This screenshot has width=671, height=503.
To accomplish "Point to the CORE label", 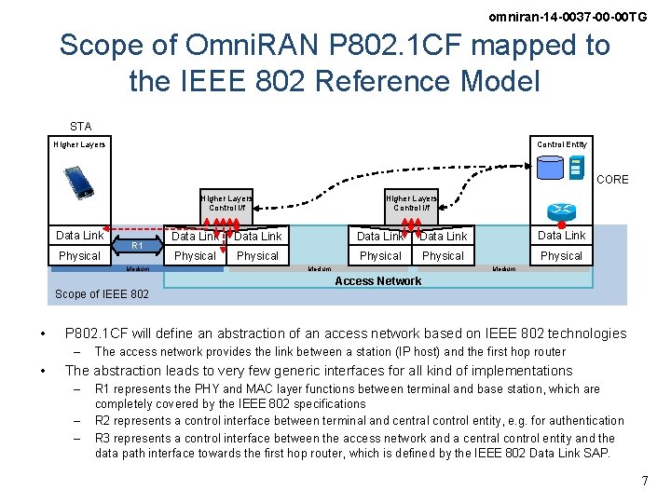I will [x=612, y=179].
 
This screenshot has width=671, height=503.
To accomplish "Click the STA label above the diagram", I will [x=80, y=126].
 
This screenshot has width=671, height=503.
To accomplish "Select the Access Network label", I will [x=377, y=281].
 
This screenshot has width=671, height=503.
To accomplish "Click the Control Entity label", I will [x=562, y=144].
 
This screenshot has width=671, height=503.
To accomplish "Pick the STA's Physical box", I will [x=79, y=256].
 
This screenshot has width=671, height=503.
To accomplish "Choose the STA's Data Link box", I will [x=80, y=236].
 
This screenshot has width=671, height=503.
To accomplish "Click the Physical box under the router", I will [x=561, y=256].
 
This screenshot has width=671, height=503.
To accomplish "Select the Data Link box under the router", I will [x=561, y=236].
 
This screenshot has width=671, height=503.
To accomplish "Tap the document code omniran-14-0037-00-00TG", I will [x=568, y=17].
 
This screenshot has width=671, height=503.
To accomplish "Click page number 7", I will [x=644, y=481].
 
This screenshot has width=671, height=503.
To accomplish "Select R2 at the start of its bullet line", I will [x=103, y=421].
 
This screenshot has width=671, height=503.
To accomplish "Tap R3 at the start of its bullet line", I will [x=103, y=438].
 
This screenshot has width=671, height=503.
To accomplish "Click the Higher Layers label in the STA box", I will [x=79, y=144].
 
